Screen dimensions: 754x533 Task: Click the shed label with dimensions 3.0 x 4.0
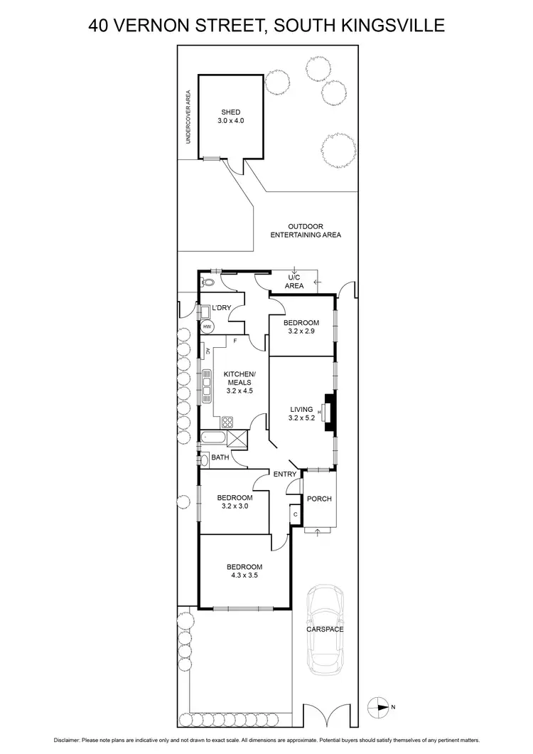[230, 117]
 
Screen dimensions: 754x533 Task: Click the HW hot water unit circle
[207, 326]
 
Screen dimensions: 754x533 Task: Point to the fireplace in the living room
[328, 412]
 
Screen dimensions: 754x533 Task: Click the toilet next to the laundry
[205, 282]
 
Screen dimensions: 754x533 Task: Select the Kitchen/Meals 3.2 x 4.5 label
[237, 382]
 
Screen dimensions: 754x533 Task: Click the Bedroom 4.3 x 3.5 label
[244, 571]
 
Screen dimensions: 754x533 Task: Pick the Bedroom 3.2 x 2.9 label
[303, 327]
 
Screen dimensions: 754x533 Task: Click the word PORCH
[319, 499]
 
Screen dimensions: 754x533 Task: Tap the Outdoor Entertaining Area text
[306, 230]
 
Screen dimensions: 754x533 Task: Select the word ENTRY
[284, 474]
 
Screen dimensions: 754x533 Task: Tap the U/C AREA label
[294, 281]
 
